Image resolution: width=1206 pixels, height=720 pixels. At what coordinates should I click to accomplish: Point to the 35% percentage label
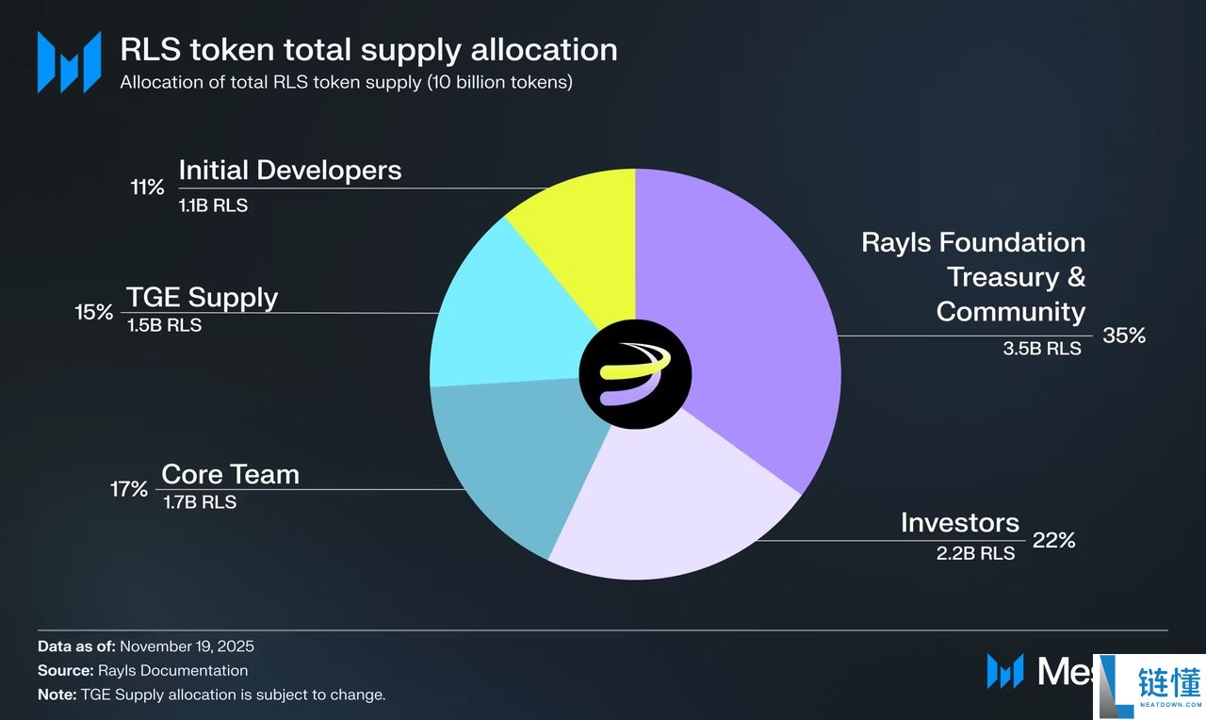[x=1123, y=335]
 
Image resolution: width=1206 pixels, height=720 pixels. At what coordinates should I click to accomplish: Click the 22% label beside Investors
[x=1053, y=541]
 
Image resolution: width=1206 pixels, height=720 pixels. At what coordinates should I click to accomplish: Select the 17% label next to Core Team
[x=128, y=489]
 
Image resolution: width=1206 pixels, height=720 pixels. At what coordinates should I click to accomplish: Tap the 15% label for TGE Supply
[x=94, y=312]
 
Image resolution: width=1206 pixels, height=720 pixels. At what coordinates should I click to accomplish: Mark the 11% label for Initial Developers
[x=147, y=187]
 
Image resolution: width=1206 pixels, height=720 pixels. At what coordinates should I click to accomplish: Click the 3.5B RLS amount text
[x=1042, y=349]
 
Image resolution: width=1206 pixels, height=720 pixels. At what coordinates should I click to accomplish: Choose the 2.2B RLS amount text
[x=975, y=554]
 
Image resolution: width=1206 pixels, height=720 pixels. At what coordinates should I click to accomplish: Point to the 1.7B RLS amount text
[x=200, y=502]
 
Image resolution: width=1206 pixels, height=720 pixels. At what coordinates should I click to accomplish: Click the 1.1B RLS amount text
[x=213, y=205]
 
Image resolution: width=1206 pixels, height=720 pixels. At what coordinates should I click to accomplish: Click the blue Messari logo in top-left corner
[x=69, y=62]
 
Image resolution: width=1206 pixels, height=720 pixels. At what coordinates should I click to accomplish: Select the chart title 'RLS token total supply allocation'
[x=368, y=49]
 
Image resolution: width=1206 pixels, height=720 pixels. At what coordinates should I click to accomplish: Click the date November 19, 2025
[x=187, y=646]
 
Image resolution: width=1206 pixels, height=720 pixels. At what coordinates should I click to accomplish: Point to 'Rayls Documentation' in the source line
[x=172, y=671]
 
